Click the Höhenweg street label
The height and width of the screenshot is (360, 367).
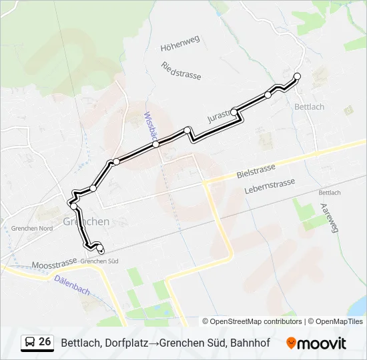click(x=180, y=47)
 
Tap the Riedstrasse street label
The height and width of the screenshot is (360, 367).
click(x=181, y=70)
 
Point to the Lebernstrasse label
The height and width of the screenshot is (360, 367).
click(x=270, y=185)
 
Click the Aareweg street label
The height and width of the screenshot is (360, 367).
click(x=330, y=218)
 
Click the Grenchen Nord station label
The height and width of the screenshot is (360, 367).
click(x=31, y=228)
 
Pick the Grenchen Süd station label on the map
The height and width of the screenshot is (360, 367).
click(x=99, y=261)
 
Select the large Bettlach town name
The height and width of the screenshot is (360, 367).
click(x=310, y=107)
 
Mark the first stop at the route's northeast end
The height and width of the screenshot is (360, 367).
click(x=298, y=76)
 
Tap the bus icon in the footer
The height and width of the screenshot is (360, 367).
click(x=30, y=343)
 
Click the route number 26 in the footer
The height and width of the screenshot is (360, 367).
click(x=45, y=342)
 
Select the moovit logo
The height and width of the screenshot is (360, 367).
click(x=316, y=343)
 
